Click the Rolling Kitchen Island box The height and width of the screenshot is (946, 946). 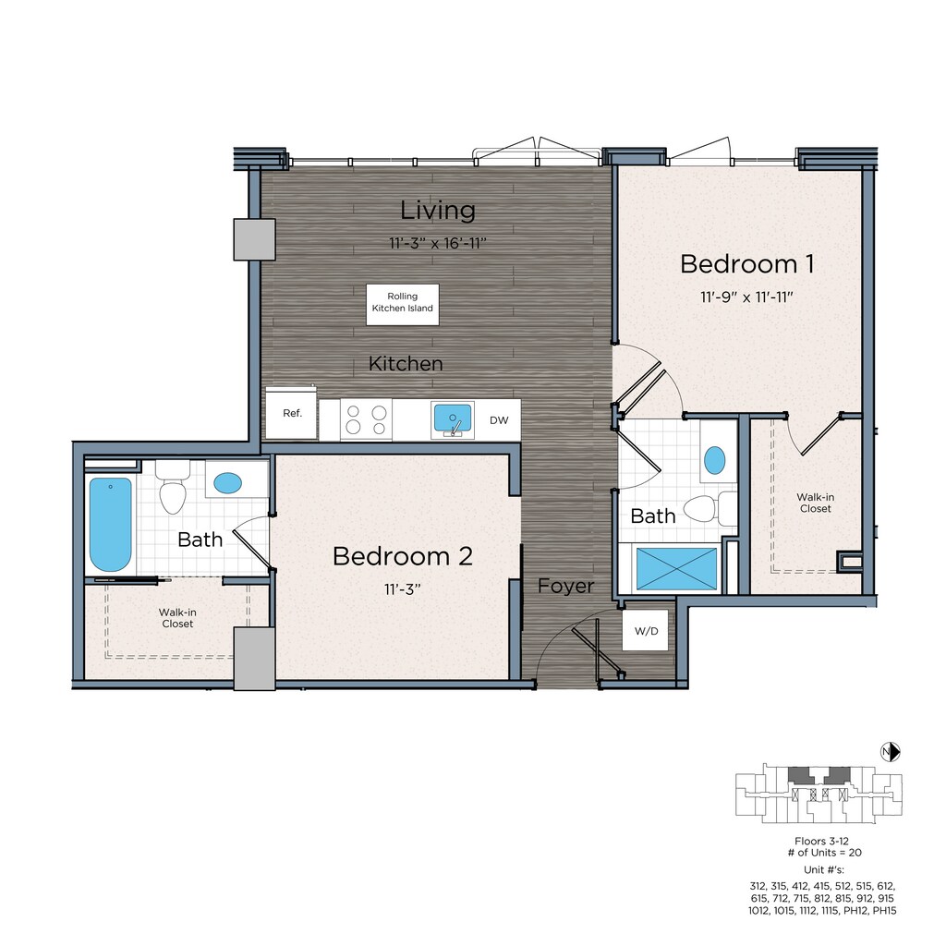tap(403, 304)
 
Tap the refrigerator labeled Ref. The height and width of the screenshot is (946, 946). tap(291, 413)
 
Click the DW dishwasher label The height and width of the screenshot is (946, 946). tap(499, 420)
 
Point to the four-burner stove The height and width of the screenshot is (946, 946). tap(366, 420)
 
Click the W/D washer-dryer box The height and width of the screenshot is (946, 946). tap(646, 630)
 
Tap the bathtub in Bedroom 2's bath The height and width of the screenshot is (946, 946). tap(111, 525)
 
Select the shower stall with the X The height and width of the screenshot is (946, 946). tap(677, 568)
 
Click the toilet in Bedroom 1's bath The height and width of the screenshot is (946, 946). tap(709, 509)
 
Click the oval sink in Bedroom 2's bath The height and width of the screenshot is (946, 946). tap(228, 482)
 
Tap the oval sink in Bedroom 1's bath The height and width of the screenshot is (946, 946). tap(715, 460)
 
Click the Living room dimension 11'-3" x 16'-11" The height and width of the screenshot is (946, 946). tap(437, 243)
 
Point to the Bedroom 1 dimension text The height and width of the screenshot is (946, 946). tap(746, 297)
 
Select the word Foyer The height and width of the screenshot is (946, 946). tap(566, 587)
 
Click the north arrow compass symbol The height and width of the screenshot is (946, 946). tap(891, 752)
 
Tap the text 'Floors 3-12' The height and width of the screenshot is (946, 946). tap(821, 841)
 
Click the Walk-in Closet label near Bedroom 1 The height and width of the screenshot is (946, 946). tap(816, 503)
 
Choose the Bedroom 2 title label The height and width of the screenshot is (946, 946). tap(403, 556)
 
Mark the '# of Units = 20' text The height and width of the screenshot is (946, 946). tap(825, 853)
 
